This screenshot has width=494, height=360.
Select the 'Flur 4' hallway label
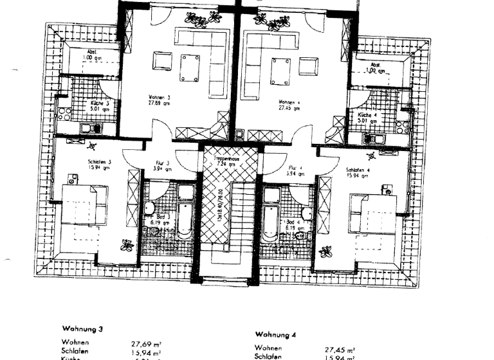click(x=296, y=170)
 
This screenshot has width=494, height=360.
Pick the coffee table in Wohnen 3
click(x=189, y=68)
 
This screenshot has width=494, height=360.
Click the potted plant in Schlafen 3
click(x=127, y=244)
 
